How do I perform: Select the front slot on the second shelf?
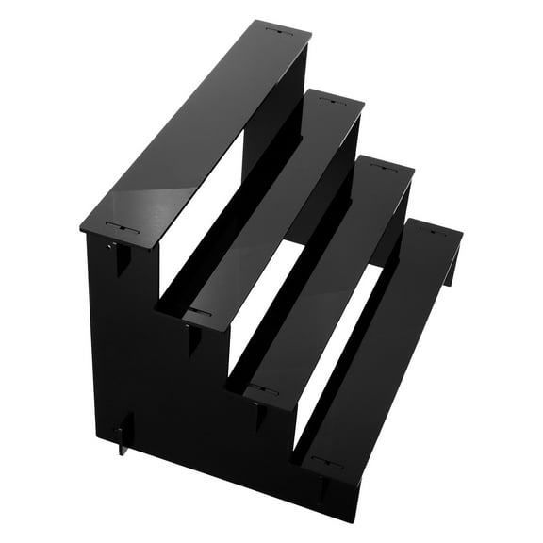pyautogui.click(x=197, y=311)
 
